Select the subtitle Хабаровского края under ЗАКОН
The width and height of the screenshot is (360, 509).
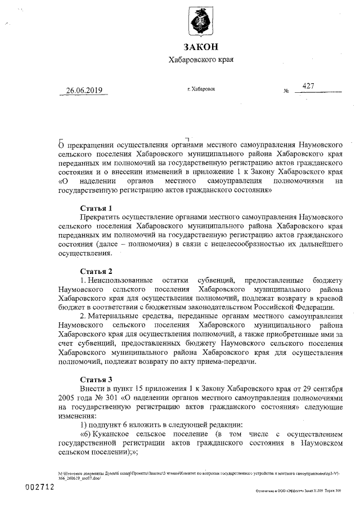pos(201,60)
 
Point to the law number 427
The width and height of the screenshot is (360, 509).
pos(308,85)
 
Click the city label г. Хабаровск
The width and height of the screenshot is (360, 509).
pos(201,89)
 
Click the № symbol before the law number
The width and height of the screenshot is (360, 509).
pos(286,91)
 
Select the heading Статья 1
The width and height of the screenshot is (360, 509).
pos(100,208)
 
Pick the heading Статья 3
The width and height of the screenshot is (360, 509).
pos(100,379)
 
